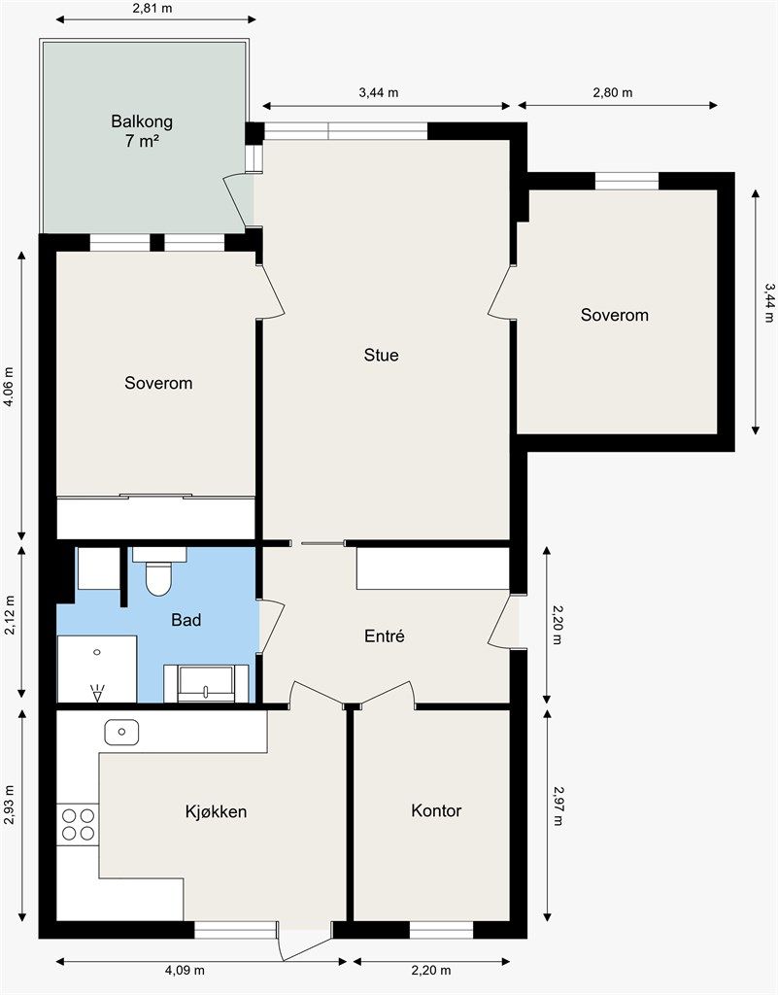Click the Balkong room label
142,121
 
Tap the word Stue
381,355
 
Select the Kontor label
436,810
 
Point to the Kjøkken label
216,811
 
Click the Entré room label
385,635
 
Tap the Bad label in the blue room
186,619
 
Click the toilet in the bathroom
158,571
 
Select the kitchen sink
121,733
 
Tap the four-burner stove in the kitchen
78,824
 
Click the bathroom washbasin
206,683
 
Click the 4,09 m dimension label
185,971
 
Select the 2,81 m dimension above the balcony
152,8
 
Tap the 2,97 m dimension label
558,806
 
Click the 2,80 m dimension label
613,92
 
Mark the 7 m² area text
142,141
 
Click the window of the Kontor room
441,930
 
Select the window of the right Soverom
626,181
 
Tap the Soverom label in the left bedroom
158,383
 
